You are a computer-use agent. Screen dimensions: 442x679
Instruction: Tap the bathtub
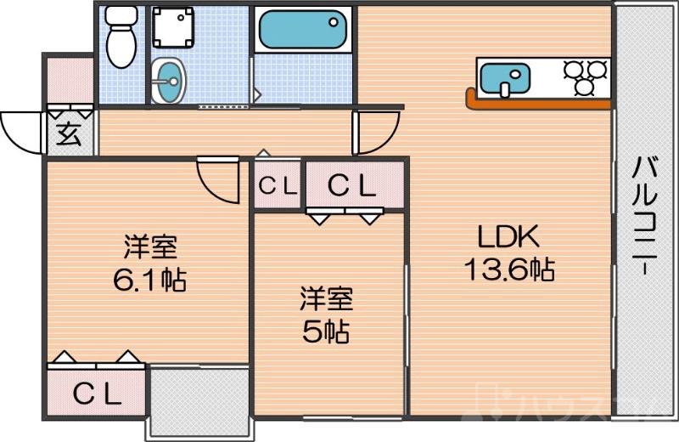click(302, 31)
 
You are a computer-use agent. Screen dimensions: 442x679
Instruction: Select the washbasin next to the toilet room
click(168, 82)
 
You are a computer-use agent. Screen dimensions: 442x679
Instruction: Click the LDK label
click(507, 235)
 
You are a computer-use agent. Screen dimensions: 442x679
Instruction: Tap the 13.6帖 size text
click(508, 270)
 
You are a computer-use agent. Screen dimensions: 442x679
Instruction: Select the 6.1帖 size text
click(150, 279)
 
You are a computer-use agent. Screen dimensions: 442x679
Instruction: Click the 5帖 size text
click(326, 331)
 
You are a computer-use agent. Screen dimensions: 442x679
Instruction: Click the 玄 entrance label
click(69, 135)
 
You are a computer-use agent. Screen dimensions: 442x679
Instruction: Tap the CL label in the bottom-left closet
click(96, 394)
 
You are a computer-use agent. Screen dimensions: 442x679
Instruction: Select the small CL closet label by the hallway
click(278, 185)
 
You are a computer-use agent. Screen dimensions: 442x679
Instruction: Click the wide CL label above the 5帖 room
click(351, 185)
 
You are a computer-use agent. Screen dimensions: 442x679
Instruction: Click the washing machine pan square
click(172, 29)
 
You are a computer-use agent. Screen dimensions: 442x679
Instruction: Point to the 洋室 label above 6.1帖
click(150, 248)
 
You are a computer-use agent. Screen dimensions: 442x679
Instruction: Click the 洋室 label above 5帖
click(326, 299)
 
